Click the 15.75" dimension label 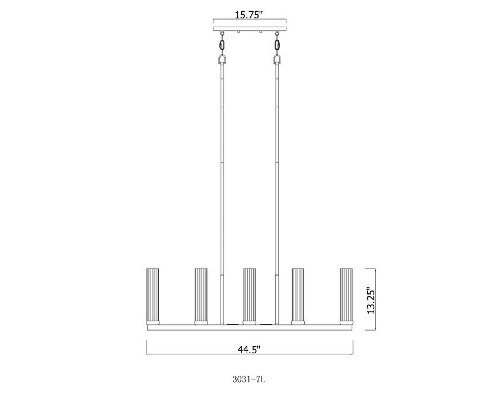tap(250, 15)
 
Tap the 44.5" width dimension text tap(250, 349)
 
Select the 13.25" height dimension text tap(371, 300)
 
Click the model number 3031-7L tap(250, 379)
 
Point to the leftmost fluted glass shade tap(152, 294)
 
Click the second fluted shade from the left tap(201, 294)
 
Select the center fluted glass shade tap(250, 294)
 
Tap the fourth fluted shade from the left tap(298, 294)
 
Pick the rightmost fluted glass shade tap(346, 294)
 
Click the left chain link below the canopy tap(222, 44)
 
